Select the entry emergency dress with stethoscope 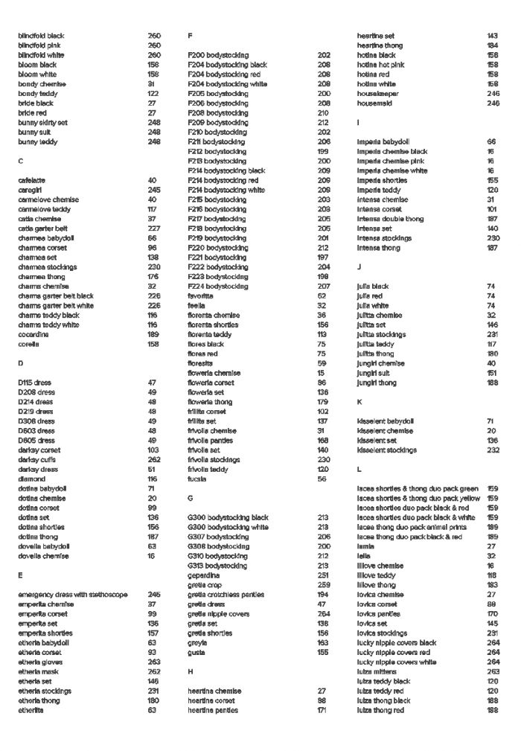pyautogui.click(x=73, y=595)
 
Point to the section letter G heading pyautogui.click(x=191, y=498)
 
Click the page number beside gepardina pyautogui.click(x=323, y=575)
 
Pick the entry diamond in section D pyautogui.click(x=32, y=479)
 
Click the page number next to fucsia pyautogui.click(x=322, y=479)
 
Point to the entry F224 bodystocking pyautogui.click(x=218, y=287)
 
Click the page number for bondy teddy pyautogui.click(x=153, y=94)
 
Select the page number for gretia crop pyautogui.click(x=323, y=585)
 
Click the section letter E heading pyautogui.click(x=20, y=575)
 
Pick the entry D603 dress pyautogui.click(x=36, y=431)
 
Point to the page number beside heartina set pyautogui.click(x=492, y=36)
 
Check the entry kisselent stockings pyautogui.click(x=387, y=450)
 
